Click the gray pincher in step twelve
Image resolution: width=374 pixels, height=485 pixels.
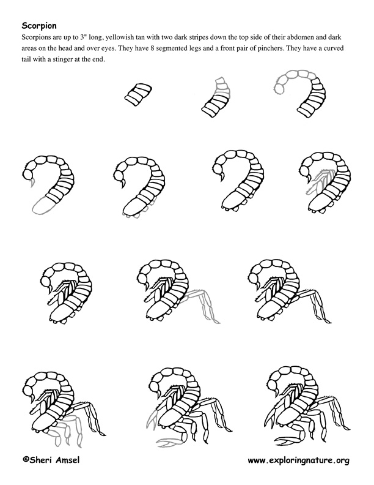[x=167, y=442]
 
